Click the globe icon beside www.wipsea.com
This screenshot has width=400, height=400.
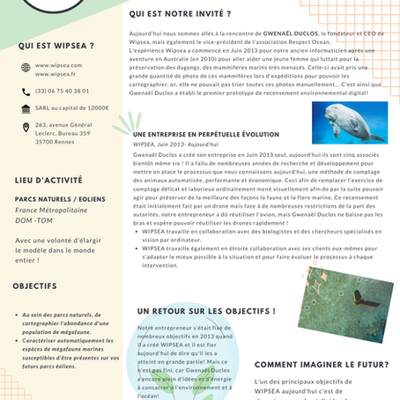[26, 70]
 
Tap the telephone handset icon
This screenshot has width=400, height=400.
[26, 91]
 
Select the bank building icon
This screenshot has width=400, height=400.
[26, 108]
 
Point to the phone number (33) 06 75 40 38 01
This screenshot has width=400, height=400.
[63, 91]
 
